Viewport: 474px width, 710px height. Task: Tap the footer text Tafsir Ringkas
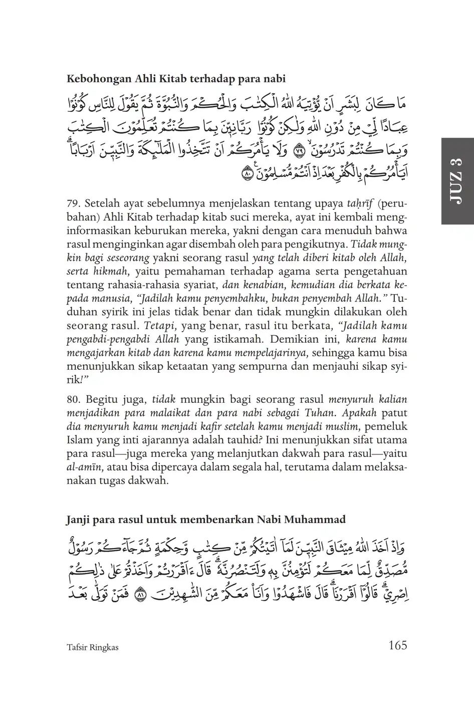tap(92, 647)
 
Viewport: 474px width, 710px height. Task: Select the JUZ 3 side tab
tap(456, 181)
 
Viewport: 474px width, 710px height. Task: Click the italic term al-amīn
tap(84, 467)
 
